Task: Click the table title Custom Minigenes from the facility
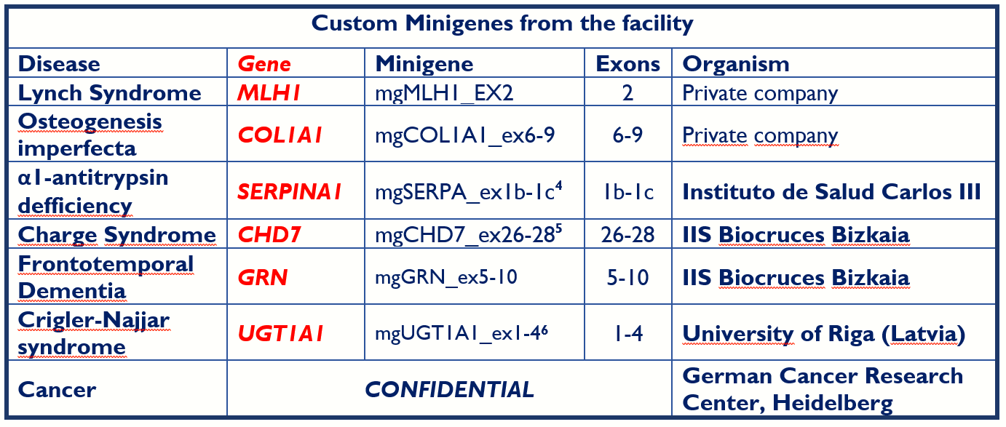pyautogui.click(x=502, y=24)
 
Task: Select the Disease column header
pyautogui.click(x=59, y=64)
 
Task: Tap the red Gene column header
pyautogui.click(x=264, y=64)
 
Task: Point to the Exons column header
pyautogui.click(x=627, y=64)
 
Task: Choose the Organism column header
pyautogui.click(x=736, y=64)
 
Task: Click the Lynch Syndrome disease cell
pyautogui.click(x=110, y=93)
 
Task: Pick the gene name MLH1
pyautogui.click(x=269, y=93)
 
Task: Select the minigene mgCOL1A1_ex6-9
pyautogui.click(x=465, y=135)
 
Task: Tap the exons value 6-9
pyautogui.click(x=627, y=135)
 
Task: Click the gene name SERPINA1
pyautogui.click(x=289, y=192)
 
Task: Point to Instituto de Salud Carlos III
pyautogui.click(x=831, y=192)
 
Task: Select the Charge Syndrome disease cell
pyautogui.click(x=116, y=235)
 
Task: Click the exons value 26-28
pyautogui.click(x=627, y=235)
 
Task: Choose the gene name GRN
pyautogui.click(x=262, y=278)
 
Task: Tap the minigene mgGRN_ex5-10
pyautogui.click(x=446, y=277)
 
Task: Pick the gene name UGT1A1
pyautogui.click(x=280, y=334)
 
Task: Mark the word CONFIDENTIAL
pyautogui.click(x=450, y=390)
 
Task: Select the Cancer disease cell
pyautogui.click(x=57, y=390)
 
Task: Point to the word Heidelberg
pyautogui.click(x=832, y=404)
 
